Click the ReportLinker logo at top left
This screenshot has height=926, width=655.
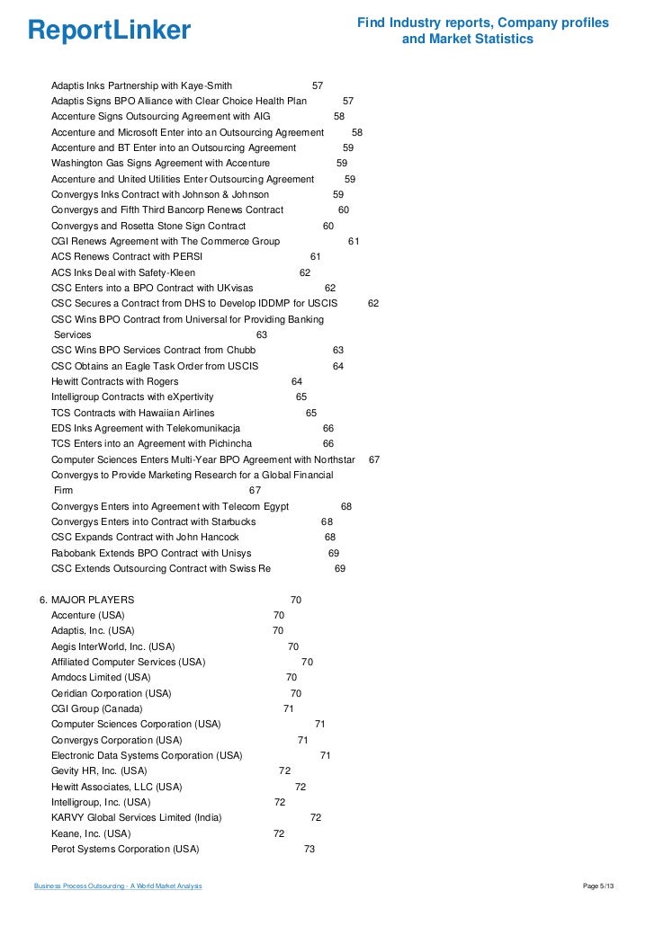pyautogui.click(x=109, y=31)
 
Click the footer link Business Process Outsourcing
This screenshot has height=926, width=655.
pyautogui.click(x=118, y=886)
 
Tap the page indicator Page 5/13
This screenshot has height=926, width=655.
pyautogui.click(x=598, y=886)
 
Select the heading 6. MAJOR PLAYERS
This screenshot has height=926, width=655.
pyautogui.click(x=86, y=600)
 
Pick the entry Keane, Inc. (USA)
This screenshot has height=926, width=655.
pyautogui.click(x=91, y=833)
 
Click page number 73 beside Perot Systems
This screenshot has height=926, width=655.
pyautogui.click(x=310, y=849)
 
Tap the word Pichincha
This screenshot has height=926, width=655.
pyautogui.click(x=228, y=443)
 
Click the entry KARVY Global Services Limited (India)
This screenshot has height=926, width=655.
pyautogui.click(x=136, y=817)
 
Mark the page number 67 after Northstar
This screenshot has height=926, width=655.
pyautogui.click(x=374, y=459)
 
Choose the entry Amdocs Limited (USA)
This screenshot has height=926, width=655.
pyautogui.click(x=101, y=677)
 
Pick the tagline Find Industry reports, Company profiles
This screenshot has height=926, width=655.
pyautogui.click(x=483, y=22)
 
